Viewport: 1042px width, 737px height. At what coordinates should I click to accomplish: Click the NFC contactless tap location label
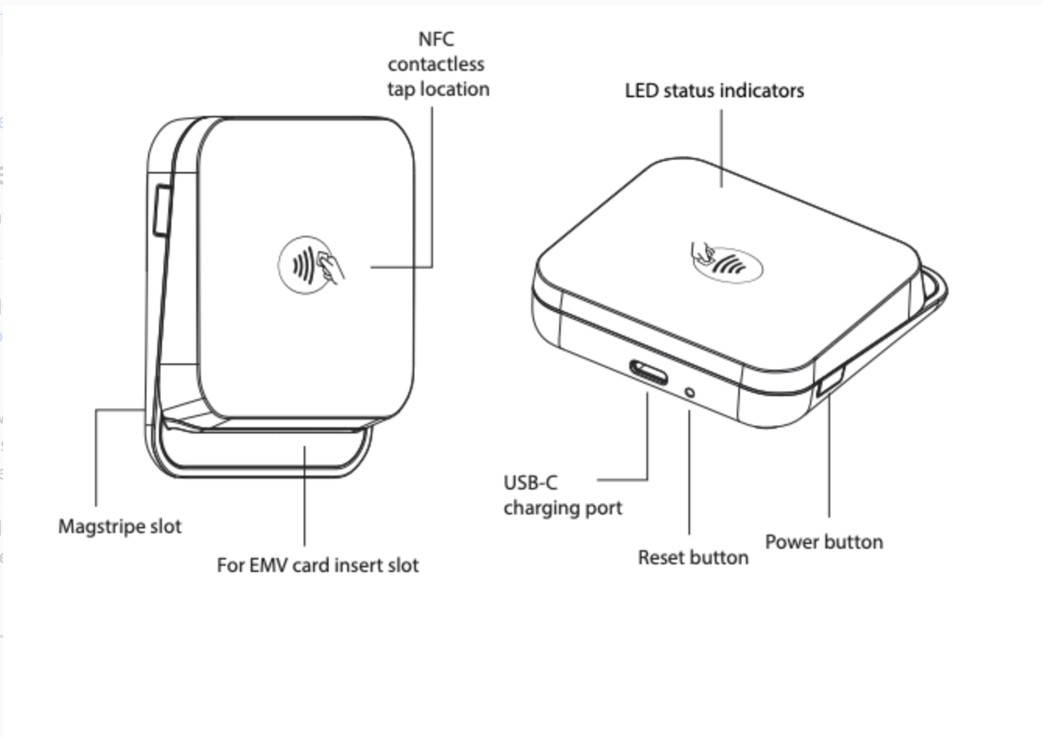coord(438,65)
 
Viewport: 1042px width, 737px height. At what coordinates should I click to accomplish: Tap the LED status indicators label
coord(714,91)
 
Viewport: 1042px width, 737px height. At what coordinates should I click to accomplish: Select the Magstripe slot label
coord(120,527)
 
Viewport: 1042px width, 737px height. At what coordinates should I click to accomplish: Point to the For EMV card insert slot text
coord(318,565)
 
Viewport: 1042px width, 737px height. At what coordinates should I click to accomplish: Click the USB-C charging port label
coord(562,496)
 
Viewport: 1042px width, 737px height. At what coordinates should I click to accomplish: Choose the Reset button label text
coord(692,558)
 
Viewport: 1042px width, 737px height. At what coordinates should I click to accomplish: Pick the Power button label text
coord(824,542)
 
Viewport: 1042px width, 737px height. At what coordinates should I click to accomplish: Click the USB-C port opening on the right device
coord(649,374)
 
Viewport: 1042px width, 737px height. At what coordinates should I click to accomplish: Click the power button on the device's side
coord(830,382)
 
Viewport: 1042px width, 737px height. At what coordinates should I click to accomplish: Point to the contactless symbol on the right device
coord(726,262)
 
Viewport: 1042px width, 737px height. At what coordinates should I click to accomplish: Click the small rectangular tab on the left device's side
coord(161,209)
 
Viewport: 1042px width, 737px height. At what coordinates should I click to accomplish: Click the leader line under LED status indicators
coord(721,148)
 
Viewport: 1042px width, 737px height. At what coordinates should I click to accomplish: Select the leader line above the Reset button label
coord(689,475)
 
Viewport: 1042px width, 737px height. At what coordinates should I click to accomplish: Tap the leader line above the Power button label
coord(829,459)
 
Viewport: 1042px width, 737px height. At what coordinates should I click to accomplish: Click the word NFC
coord(436,40)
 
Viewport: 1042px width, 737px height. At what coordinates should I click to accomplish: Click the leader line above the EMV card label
coord(305,498)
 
